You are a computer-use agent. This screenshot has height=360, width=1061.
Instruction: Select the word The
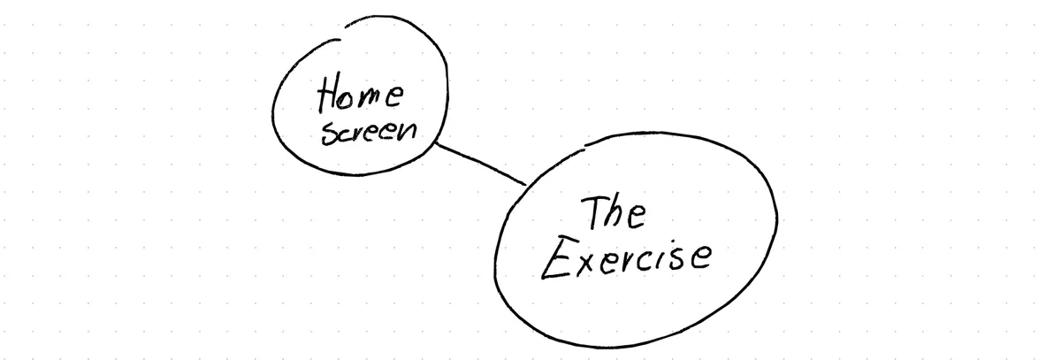pyautogui.click(x=614, y=214)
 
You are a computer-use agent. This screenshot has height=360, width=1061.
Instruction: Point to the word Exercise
pyautogui.click(x=626, y=258)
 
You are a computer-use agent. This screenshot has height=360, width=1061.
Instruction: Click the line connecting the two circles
pyautogui.click(x=481, y=164)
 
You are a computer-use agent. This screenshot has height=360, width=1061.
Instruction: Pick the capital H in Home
pyautogui.click(x=329, y=92)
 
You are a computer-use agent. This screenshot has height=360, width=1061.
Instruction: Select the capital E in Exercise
pyautogui.click(x=555, y=257)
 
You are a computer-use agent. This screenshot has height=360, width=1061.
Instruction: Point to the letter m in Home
pyautogui.click(x=373, y=97)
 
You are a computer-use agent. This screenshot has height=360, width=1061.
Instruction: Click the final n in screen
pyautogui.click(x=408, y=131)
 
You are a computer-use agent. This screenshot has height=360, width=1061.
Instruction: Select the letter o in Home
pyautogui.click(x=351, y=98)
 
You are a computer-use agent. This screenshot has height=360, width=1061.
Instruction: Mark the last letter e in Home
pyautogui.click(x=395, y=96)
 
